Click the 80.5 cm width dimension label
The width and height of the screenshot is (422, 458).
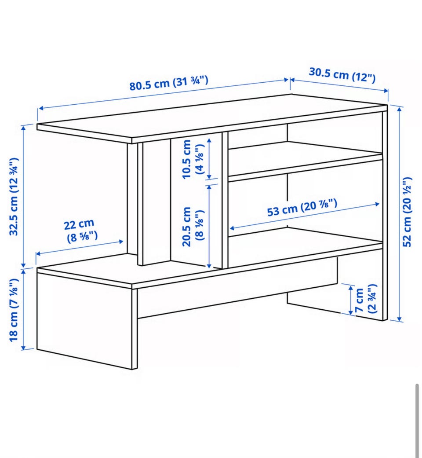[169, 83]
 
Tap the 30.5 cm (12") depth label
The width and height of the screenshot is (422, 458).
[342, 75]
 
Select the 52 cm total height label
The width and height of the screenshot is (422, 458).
[407, 212]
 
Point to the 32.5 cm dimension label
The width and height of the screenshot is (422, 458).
[14, 197]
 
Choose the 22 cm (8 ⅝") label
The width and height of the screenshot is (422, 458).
[80, 230]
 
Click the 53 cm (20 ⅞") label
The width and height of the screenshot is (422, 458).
[302, 208]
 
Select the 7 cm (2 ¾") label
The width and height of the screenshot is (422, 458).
[365, 300]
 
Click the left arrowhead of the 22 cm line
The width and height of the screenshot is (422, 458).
[38, 254]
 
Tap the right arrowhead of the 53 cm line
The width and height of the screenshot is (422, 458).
[377, 204]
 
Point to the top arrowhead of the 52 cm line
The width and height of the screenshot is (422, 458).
[400, 109]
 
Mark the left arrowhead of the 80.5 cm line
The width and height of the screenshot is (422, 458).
[41, 108]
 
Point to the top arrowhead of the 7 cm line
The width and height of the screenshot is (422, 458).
[351, 288]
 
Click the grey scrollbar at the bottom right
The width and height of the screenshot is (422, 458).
[417, 421]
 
